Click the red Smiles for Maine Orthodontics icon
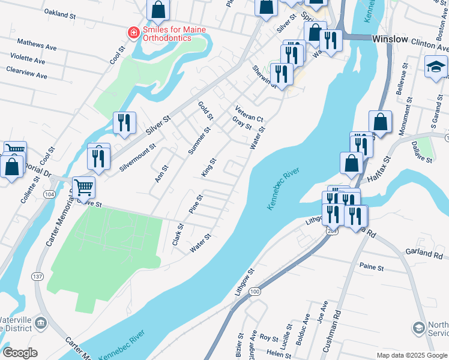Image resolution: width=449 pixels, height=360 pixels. point(133,32)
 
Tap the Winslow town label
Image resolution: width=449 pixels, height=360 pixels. point(390,39)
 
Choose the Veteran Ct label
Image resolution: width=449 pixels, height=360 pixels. point(249,114)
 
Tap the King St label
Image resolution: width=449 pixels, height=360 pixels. point(209,168)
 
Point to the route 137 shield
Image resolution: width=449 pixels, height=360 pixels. point(38,277)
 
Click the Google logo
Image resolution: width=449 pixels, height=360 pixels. point(20,353)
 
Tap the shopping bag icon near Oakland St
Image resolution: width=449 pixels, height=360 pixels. point(158,9)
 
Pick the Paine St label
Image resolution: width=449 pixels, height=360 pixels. point(371,265)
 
